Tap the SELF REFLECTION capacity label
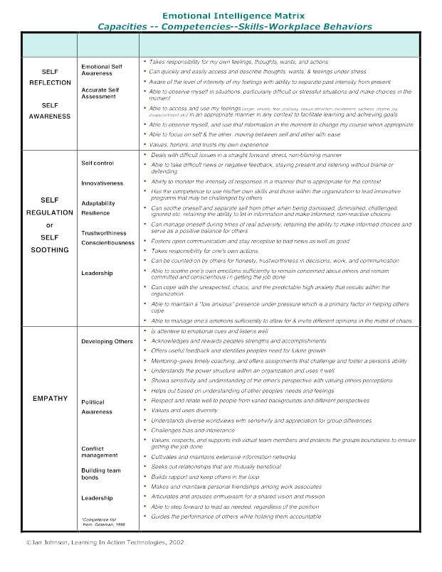pyautogui.click(x=50, y=77)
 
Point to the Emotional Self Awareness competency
pyautogui.click(x=102, y=69)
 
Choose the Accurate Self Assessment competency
pyautogui.click(x=100, y=94)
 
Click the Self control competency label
pyautogui.click(x=98, y=163)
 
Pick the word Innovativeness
pyautogui.click(x=102, y=183)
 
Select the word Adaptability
pyautogui.click(x=98, y=203)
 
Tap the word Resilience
pyautogui.click(x=95, y=212)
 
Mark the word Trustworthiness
pyautogui.click(x=104, y=233)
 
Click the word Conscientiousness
pyautogui.click(x=107, y=243)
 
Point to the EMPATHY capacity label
pyautogui.click(x=50, y=399)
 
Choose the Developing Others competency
pyautogui.click(x=107, y=341)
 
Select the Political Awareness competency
pyautogui.click(x=97, y=407)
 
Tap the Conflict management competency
pyautogui.click(x=99, y=452)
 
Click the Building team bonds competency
pyautogui.click(x=100, y=474)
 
